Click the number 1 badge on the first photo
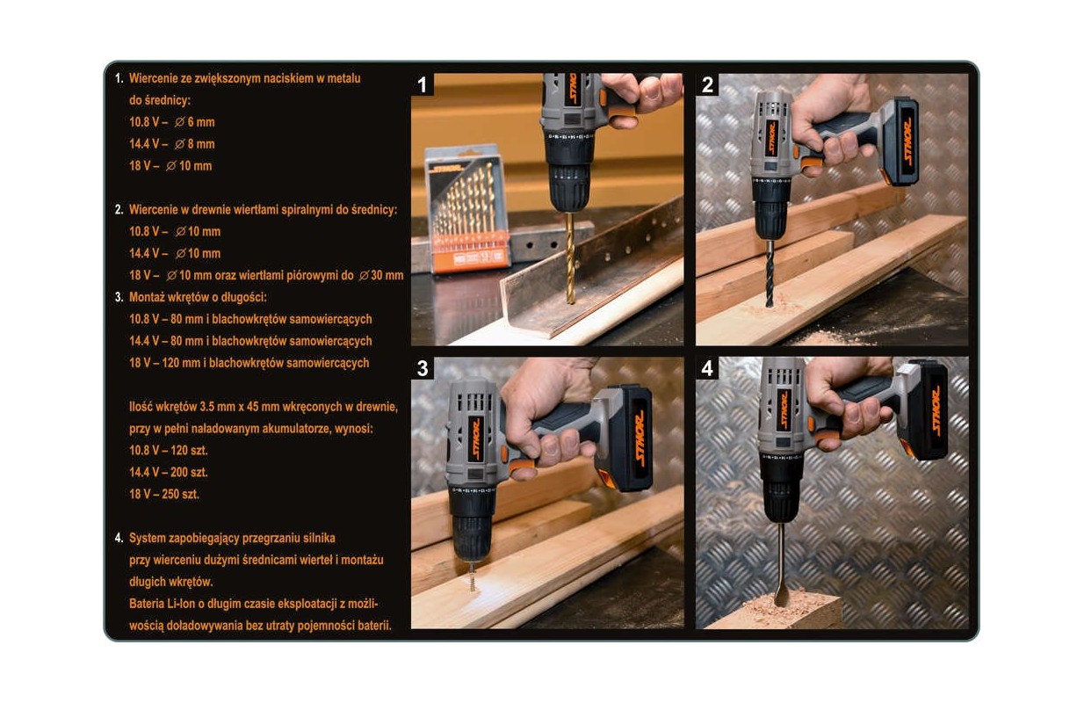coord(422,84)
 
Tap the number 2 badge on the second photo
coord(707,84)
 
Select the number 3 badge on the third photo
coord(422,368)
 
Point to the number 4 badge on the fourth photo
coord(707,368)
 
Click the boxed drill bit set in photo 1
coord(466,208)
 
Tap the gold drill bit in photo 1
coord(571,258)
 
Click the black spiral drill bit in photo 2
coord(770,273)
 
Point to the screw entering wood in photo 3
coord(473,577)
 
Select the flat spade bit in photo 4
coord(781,565)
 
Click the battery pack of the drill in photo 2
coord(900,141)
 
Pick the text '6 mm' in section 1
coord(201,122)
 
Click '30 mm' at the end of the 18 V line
coord(387,275)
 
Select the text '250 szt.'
coord(184,494)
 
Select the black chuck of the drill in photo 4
coord(779,489)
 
